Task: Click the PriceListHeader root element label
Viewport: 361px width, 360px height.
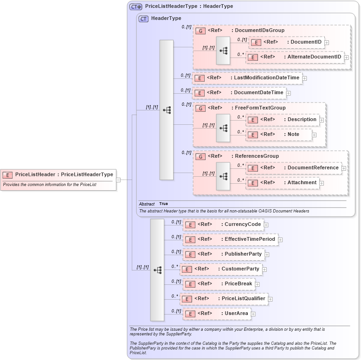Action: click(64, 175)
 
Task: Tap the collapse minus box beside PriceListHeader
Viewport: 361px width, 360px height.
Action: click(118, 180)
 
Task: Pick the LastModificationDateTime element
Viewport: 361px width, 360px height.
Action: click(247, 78)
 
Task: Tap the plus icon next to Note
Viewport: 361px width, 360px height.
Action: click(314, 135)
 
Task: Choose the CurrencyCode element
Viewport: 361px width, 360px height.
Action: click(223, 225)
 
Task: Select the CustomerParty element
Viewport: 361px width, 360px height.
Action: click(220, 269)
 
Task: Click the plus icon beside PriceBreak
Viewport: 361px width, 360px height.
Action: click(258, 284)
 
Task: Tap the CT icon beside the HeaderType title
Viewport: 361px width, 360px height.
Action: click(144, 19)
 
